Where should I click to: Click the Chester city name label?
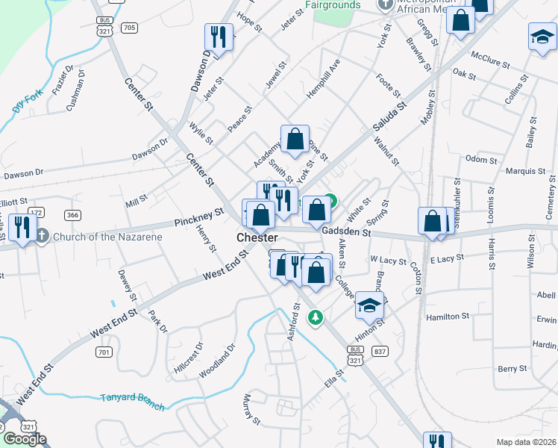coord(257,237)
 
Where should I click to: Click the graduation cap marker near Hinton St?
coord(369,305)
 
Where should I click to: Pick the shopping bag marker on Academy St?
coord(295,139)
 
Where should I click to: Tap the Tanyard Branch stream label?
coord(133,397)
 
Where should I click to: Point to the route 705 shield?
coord(130,28)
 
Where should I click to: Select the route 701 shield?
coord(104,350)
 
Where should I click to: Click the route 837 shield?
coord(380,351)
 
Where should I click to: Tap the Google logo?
coord(25,439)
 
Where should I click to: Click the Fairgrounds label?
coord(333,4)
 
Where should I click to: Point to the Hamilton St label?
coord(447,317)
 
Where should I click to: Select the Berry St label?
coord(512,369)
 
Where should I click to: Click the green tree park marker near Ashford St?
coord(316,318)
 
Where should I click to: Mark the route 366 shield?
coord(72,215)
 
